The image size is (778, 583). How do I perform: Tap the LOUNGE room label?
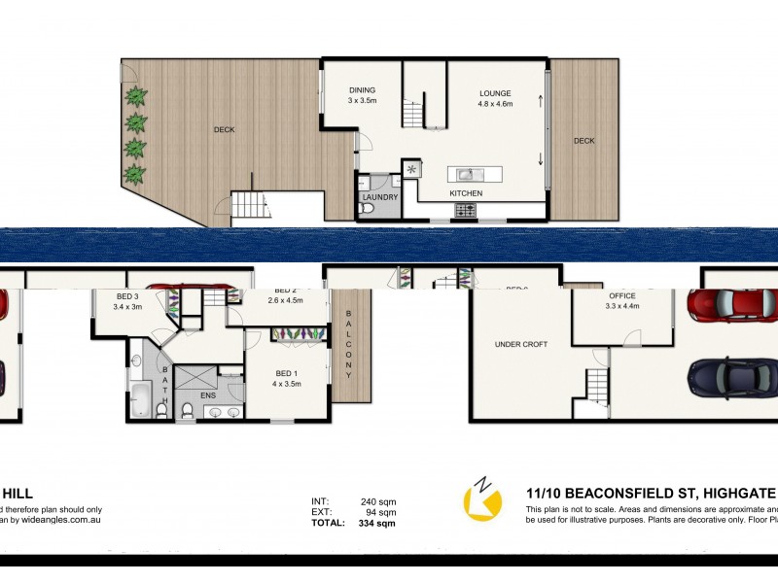click(495, 94)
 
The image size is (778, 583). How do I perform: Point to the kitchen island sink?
click(467, 175)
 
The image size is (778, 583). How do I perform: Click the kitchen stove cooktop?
click(463, 208)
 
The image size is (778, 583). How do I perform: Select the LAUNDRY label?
click(379, 198)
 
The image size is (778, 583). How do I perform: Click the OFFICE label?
click(622, 296)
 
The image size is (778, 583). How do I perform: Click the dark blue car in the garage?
click(730, 374)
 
